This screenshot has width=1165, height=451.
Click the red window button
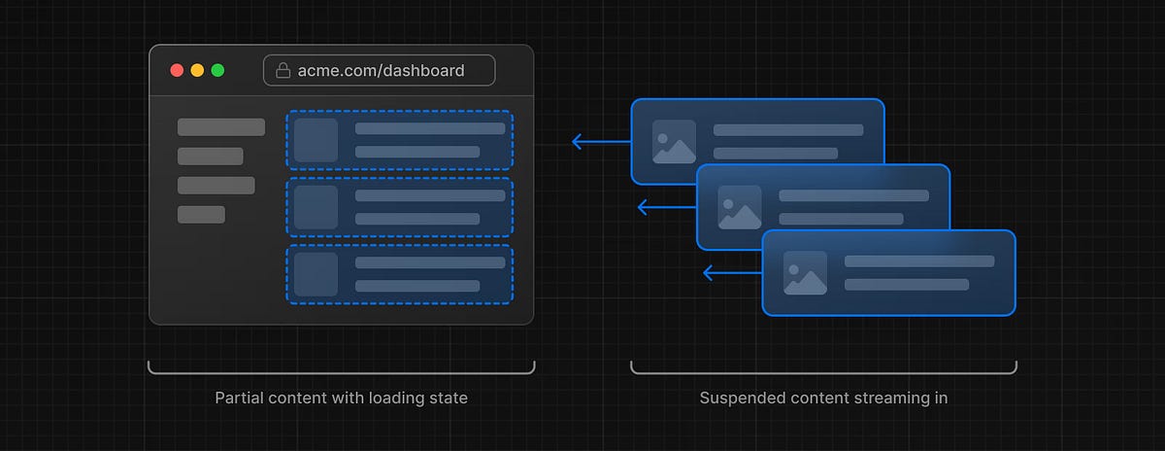[177, 70]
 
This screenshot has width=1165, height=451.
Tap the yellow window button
[197, 70]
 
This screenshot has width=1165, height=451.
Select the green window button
[217, 70]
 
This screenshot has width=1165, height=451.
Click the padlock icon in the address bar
[283, 70]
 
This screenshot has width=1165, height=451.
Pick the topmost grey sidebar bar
[220, 127]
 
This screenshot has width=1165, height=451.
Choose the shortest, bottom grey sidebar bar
[201, 215]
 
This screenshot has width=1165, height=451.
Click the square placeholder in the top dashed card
[316, 140]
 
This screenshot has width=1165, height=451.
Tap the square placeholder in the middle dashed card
[316, 207]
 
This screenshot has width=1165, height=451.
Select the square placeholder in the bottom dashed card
[316, 274]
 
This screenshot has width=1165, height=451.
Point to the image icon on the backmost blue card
[674, 141]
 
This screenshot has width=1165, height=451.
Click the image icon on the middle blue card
[740, 207]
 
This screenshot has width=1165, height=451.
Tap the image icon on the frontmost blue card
[805, 273]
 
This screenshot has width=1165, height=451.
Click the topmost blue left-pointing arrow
[600, 142]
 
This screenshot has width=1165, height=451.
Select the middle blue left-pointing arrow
[666, 207]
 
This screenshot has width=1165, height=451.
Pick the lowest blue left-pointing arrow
[731, 273]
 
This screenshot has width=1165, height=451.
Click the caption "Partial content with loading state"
[340, 398]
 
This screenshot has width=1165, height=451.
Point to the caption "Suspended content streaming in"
[823, 398]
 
